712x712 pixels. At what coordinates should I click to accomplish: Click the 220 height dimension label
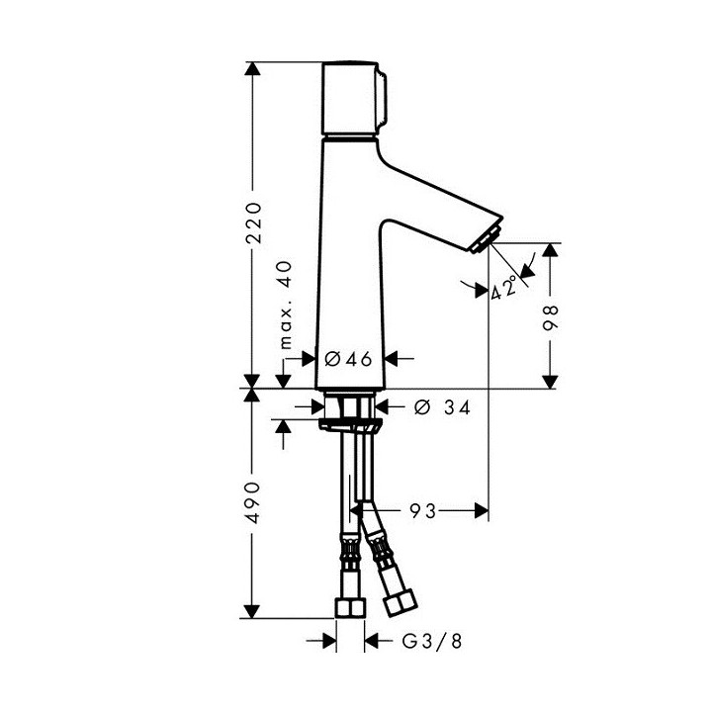pos(254,224)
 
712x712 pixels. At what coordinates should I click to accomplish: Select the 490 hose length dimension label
pos(254,503)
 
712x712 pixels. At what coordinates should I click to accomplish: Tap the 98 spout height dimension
pos(551,316)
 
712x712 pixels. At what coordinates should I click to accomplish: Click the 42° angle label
pos(505,288)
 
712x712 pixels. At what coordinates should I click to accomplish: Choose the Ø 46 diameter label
pos(348,359)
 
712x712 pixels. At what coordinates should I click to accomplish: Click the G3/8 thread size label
pos(431,641)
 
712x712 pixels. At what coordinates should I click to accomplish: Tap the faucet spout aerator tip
pos(488,238)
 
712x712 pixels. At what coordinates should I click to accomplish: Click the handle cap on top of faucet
pos(351,101)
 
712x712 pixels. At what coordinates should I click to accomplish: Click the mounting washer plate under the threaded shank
pos(350,424)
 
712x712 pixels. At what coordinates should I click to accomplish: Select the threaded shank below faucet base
pos(350,405)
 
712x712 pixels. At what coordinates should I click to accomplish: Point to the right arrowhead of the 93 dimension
pos(483,510)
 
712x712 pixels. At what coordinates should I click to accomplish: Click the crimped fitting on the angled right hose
pos(376,544)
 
